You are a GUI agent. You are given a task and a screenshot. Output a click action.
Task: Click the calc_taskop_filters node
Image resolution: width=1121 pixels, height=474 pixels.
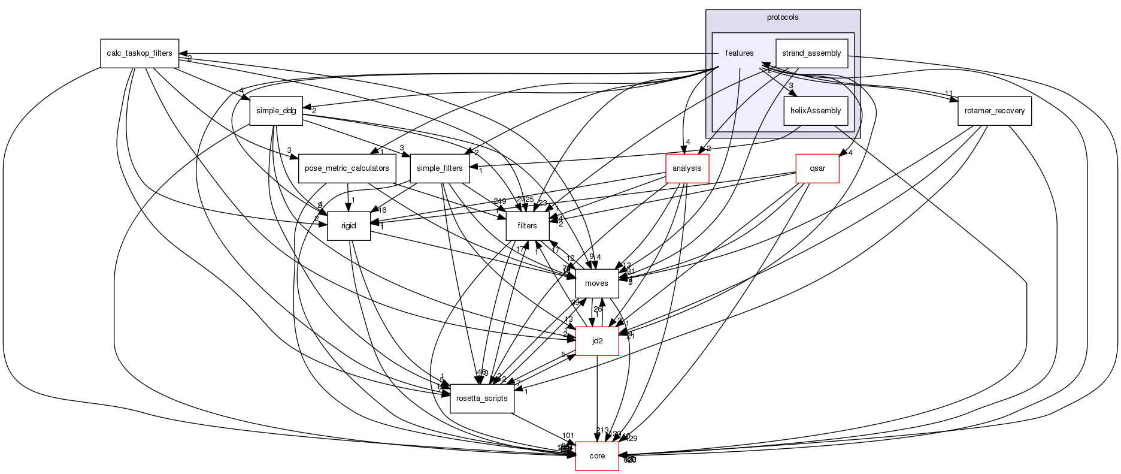click(139, 53)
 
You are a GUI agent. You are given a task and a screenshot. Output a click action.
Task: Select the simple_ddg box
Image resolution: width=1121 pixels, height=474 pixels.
click(276, 111)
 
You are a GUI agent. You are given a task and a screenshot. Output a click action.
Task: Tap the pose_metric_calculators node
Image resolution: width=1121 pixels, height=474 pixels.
click(347, 168)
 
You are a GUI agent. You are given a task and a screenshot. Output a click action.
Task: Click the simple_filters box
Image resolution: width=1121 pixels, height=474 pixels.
click(440, 168)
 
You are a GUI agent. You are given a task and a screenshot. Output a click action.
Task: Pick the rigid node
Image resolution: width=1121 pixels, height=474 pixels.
click(349, 226)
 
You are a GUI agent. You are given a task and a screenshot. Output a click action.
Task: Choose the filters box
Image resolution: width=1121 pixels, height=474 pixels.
click(528, 226)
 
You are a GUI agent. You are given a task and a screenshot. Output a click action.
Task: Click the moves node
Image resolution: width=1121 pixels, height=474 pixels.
click(596, 283)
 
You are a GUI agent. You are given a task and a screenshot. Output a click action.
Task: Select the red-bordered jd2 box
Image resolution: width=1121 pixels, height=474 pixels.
click(596, 341)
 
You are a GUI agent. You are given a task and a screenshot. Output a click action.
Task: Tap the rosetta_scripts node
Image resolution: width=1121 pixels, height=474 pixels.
click(482, 398)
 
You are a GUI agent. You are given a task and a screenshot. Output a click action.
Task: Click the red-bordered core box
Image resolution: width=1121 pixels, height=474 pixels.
click(596, 456)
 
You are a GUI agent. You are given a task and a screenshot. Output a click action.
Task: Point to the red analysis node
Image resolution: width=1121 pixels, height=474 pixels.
click(687, 168)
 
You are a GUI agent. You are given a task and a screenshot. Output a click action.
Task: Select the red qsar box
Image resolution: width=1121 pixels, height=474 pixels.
click(817, 168)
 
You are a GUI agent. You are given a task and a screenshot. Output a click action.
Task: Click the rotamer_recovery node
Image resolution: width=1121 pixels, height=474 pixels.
click(994, 111)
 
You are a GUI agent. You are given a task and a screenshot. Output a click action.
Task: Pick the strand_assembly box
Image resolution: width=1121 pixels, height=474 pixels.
click(811, 53)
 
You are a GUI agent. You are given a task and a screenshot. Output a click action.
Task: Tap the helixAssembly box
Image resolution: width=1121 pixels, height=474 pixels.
click(816, 111)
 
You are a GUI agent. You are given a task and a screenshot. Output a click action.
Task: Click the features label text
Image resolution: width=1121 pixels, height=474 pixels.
click(739, 53)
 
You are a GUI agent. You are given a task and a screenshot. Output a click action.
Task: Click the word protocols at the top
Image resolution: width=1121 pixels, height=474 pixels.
click(782, 17)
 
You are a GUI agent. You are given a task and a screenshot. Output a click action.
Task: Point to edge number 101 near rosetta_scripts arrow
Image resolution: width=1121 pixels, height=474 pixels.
click(568, 436)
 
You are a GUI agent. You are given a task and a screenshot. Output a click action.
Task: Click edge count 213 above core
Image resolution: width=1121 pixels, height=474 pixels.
click(602, 430)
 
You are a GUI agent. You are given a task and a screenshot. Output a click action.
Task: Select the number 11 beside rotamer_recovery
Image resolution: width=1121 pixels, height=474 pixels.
click(949, 93)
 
